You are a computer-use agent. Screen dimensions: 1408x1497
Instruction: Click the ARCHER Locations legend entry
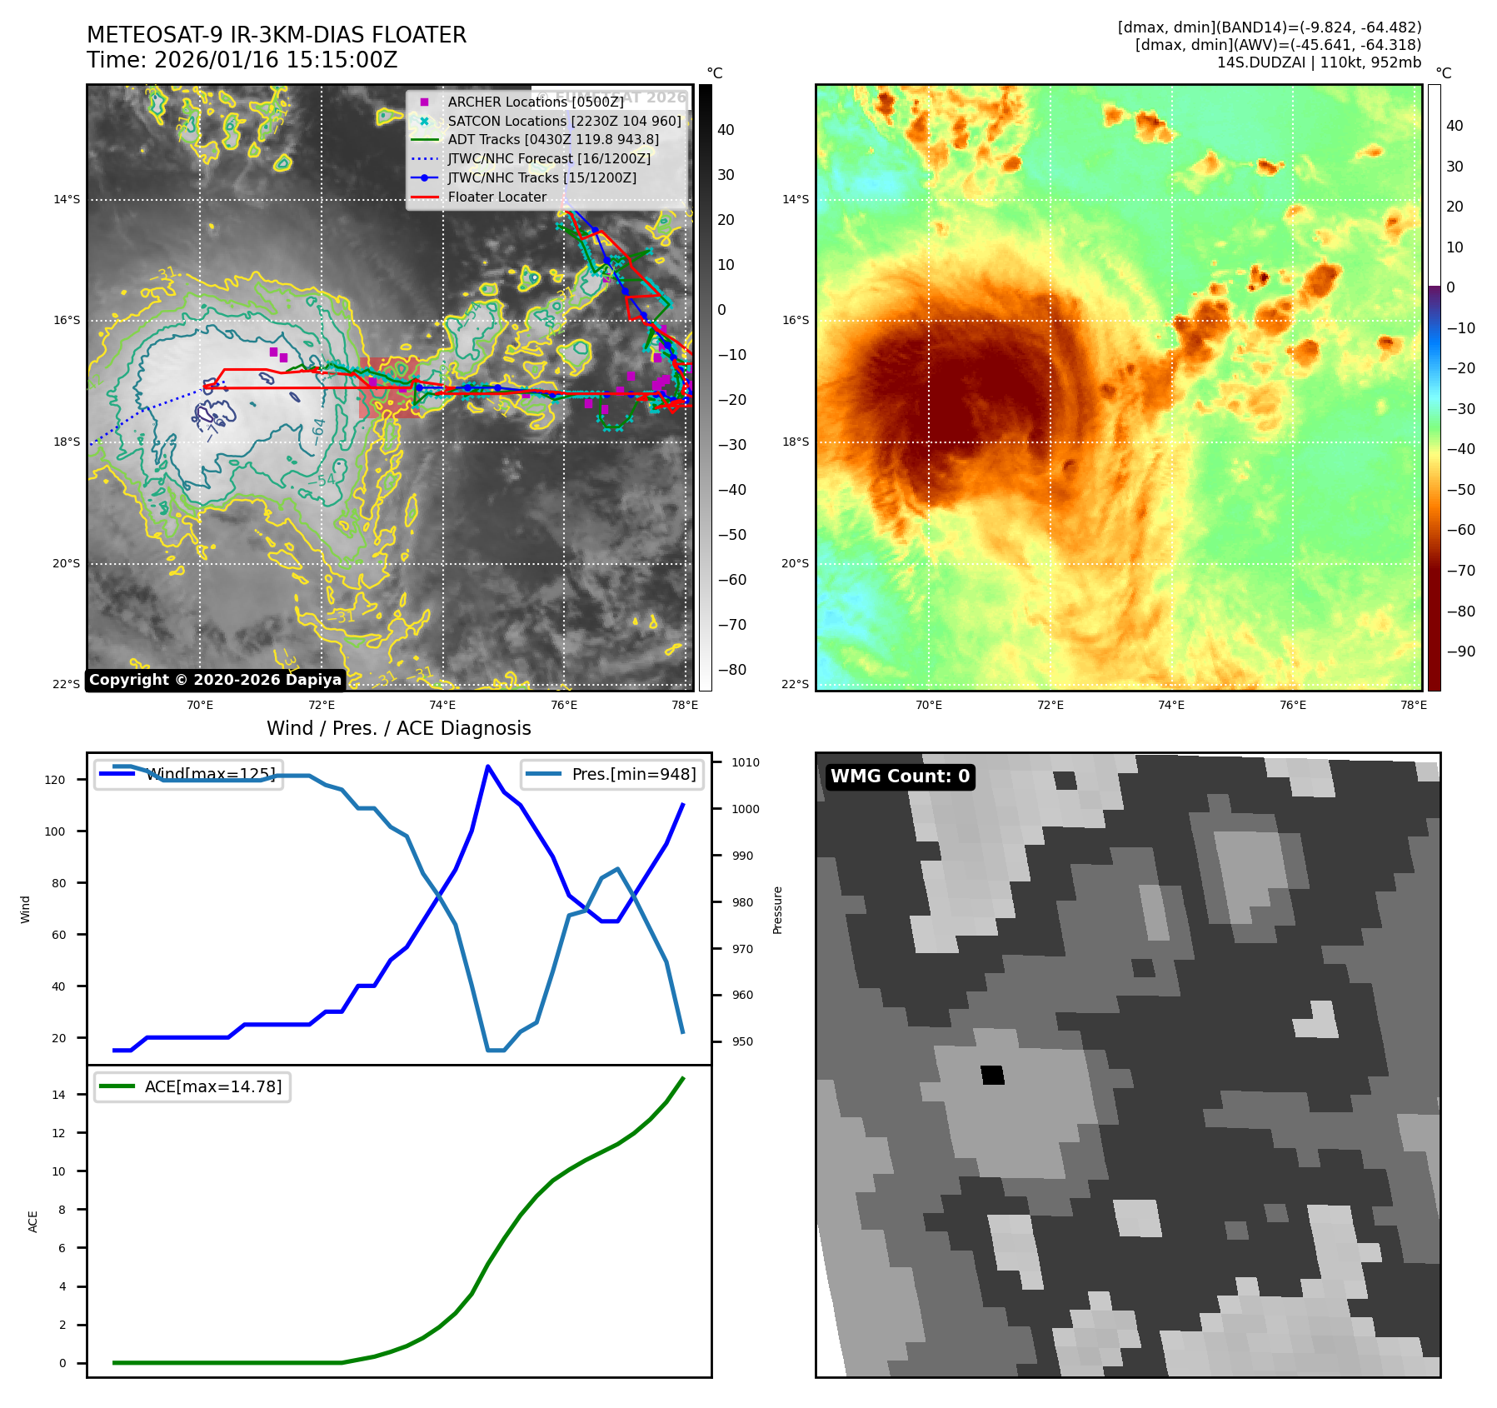pyautogui.click(x=535, y=102)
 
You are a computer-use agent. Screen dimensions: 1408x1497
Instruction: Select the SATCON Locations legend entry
pyautogui.click(x=564, y=121)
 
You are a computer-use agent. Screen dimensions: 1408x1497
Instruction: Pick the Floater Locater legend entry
pyautogui.click(x=497, y=197)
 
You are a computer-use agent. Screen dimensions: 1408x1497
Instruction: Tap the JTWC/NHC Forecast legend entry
pyautogui.click(x=549, y=158)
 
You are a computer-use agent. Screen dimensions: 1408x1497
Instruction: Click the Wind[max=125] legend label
pyautogui.click(x=210, y=774)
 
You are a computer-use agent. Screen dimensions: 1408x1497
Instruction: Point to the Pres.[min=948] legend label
pyautogui.click(x=633, y=774)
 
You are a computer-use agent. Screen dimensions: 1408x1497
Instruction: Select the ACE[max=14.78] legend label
pyautogui.click(x=212, y=1086)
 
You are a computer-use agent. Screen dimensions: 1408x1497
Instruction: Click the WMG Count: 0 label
pyautogui.click(x=900, y=776)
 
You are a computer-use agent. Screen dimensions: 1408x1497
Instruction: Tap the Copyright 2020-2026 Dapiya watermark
pyautogui.click(x=215, y=680)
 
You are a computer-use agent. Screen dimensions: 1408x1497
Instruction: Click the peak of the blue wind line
pyautogui.click(x=487, y=766)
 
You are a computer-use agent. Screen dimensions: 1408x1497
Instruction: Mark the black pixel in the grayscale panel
pyautogui.click(x=992, y=1075)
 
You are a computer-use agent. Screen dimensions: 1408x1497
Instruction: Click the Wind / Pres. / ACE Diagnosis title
pyautogui.click(x=398, y=728)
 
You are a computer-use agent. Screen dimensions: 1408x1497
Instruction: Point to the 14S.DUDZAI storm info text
pyautogui.click(x=1319, y=62)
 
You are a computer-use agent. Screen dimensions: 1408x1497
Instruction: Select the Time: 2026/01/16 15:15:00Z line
pyautogui.click(x=242, y=60)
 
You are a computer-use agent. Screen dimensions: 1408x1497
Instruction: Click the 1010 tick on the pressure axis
pyautogui.click(x=746, y=762)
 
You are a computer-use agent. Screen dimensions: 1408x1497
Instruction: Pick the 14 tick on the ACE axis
pyautogui.click(x=58, y=1095)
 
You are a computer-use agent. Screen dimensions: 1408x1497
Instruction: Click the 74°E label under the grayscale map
pyautogui.click(x=442, y=705)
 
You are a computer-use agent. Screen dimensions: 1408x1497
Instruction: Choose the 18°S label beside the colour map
pyautogui.click(x=795, y=442)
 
